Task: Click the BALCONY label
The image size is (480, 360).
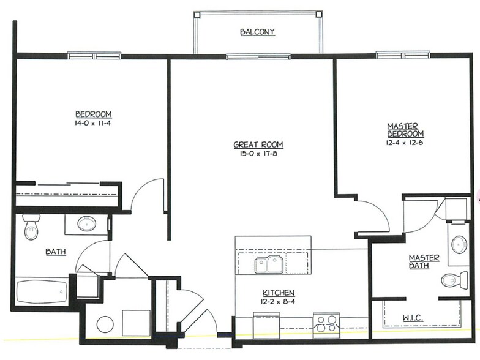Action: (257, 32)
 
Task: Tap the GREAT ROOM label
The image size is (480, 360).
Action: (258, 144)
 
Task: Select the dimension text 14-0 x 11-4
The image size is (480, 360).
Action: (93, 124)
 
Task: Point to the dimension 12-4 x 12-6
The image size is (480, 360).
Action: (405, 143)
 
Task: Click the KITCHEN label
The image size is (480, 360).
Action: (278, 293)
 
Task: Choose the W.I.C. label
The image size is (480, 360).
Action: (413, 318)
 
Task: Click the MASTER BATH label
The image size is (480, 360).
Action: (424, 261)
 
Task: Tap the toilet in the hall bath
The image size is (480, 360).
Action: (31, 227)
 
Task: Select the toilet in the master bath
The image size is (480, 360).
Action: (455, 280)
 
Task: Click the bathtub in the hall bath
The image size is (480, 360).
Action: (42, 292)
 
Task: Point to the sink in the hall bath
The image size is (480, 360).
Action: (87, 224)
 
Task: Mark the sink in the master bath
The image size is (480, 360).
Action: (459, 244)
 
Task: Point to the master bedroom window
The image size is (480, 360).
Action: (403, 55)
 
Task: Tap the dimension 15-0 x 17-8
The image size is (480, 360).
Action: (258, 154)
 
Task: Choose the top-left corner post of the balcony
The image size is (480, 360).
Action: (197, 15)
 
